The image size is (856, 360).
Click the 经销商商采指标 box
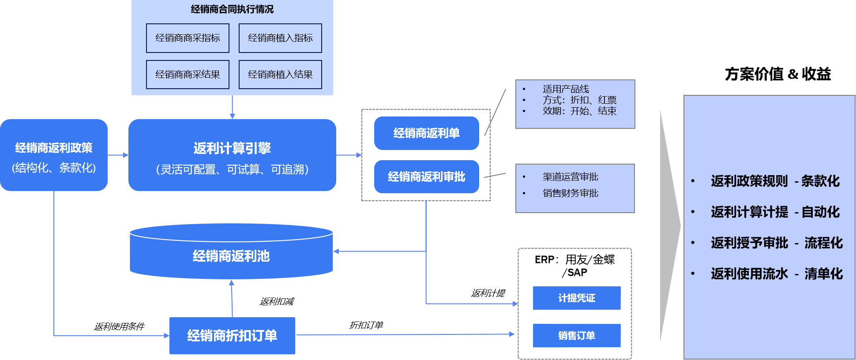(188, 38)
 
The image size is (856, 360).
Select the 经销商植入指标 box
(280, 38)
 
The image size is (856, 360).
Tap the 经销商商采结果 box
(188, 75)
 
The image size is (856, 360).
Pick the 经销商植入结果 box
(280, 75)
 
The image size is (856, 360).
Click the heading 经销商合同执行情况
(232, 9)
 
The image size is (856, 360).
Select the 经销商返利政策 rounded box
(54, 155)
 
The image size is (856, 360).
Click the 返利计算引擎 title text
(232, 148)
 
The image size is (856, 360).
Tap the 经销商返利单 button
(426, 133)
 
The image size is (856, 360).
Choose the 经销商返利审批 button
(426, 177)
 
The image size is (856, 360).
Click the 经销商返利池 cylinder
(231, 256)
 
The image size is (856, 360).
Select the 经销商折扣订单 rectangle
(232, 336)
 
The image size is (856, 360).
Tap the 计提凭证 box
(577, 298)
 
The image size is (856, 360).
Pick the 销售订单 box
(577, 336)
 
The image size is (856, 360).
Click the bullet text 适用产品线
(566, 89)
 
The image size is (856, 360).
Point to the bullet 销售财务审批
(571, 193)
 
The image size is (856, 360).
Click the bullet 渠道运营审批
(571, 177)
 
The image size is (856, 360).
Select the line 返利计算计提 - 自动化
(775, 212)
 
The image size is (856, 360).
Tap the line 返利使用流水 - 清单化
(777, 274)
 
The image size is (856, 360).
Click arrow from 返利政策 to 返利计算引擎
(118, 155)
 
